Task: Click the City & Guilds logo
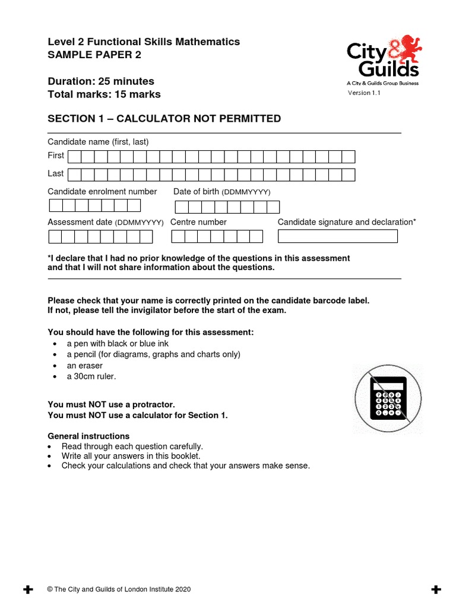click(383, 59)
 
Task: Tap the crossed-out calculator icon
click(388, 398)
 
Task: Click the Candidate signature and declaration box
click(337, 236)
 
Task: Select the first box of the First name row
click(74, 157)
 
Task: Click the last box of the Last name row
click(349, 175)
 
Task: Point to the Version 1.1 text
click(363, 93)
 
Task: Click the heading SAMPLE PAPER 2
click(94, 56)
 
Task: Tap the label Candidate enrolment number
click(102, 192)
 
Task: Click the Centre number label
click(198, 222)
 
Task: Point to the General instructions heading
click(88, 436)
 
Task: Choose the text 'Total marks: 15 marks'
click(104, 94)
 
